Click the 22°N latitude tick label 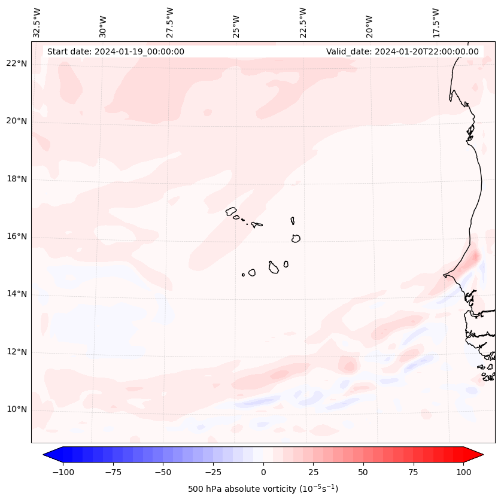[x=16, y=63]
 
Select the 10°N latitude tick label [x=16, y=409]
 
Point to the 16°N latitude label [x=16, y=236]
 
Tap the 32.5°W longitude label [x=37, y=23]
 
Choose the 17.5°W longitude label [x=436, y=23]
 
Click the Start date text [x=116, y=51]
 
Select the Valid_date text [x=402, y=51]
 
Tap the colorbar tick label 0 [x=263, y=472]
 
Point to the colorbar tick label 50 [x=363, y=472]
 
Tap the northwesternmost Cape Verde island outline [x=231, y=211]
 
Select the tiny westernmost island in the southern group [x=243, y=275]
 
